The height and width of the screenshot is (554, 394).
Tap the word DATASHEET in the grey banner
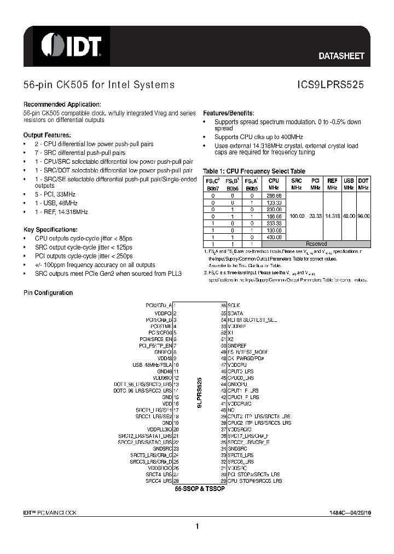(341, 56)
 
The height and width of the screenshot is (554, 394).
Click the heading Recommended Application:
(62, 105)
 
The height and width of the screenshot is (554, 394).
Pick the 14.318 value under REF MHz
(332, 216)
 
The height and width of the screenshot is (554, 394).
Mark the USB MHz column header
(349, 183)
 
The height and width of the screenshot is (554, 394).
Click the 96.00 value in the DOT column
(363, 216)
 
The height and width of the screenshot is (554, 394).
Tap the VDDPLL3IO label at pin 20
(160, 429)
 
